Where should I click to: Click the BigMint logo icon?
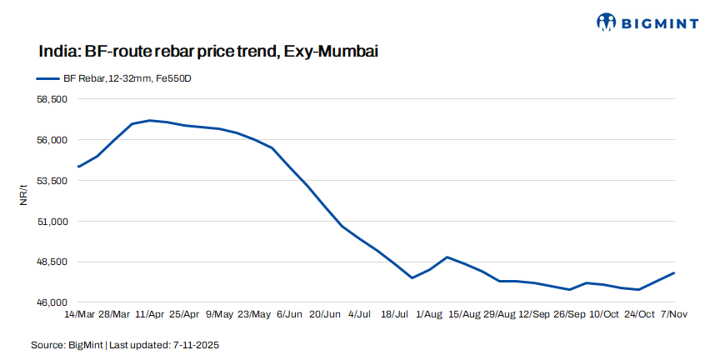point(608,22)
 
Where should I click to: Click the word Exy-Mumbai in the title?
point(331,52)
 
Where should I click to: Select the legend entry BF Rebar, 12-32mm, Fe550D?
point(116,78)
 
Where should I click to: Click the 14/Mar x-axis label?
point(79,314)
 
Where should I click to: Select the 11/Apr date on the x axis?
point(149,314)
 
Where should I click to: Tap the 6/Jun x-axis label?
point(289,314)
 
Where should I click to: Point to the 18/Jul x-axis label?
point(394,314)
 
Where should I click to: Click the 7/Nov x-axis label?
point(673,314)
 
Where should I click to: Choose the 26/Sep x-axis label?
point(569,314)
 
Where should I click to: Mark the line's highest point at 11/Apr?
point(149,120)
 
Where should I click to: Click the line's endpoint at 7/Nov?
point(673,273)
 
